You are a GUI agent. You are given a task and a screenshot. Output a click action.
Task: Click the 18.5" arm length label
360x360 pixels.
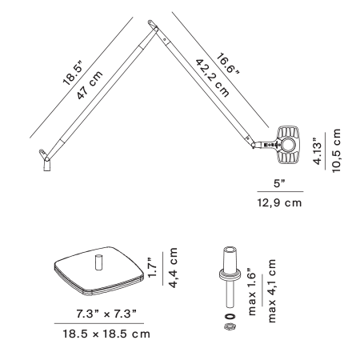tap(74, 74)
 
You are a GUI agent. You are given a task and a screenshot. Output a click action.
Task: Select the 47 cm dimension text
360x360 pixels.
tap(90, 85)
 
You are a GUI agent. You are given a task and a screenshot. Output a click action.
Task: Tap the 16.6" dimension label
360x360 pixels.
tap(227, 64)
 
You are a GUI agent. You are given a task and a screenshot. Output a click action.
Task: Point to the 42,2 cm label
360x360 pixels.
tap(213, 78)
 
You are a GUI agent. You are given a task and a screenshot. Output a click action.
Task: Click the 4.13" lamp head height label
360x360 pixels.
tap(318, 151)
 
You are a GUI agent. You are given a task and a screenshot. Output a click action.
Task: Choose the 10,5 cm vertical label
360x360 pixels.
tap(337, 150)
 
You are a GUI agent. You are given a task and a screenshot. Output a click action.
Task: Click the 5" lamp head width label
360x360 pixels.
tap(279, 183)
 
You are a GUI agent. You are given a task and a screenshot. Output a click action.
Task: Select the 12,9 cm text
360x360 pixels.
tap(279, 203)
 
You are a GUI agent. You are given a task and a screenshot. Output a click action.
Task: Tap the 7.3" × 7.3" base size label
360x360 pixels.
tap(106, 314)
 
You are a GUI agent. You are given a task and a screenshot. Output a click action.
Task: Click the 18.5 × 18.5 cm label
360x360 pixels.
tap(106, 334)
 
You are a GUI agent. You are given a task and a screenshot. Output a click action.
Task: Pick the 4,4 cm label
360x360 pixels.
tap(173, 268)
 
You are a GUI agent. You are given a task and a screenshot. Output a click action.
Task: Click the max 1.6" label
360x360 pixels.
tap(251, 292)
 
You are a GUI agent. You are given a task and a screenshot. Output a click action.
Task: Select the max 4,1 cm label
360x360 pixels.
tap(271, 291)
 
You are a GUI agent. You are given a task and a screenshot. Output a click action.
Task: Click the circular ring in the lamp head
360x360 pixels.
tap(288, 146)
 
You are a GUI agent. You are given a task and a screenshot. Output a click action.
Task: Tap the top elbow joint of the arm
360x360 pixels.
tap(154, 26)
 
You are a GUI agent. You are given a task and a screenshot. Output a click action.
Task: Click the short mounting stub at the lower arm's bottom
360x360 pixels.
tap(47, 166)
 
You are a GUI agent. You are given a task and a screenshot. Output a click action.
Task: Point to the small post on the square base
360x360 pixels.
tap(98, 262)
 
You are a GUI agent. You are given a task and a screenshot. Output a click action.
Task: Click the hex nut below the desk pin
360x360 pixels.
tap(230, 326)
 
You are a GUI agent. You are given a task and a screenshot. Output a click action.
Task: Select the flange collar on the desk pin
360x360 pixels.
tap(230, 274)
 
